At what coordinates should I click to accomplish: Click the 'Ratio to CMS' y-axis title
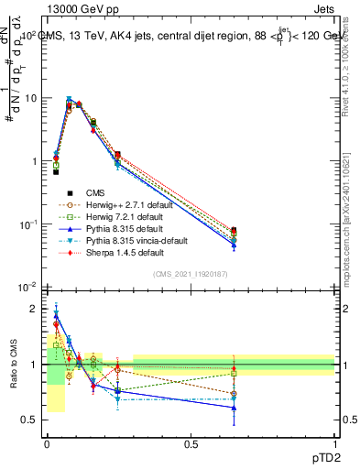[x=13, y=365]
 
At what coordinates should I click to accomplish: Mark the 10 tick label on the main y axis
[x=31, y=98]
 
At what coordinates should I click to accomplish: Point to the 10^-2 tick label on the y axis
[x=27, y=288]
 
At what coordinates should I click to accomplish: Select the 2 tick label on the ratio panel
[x=36, y=309]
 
